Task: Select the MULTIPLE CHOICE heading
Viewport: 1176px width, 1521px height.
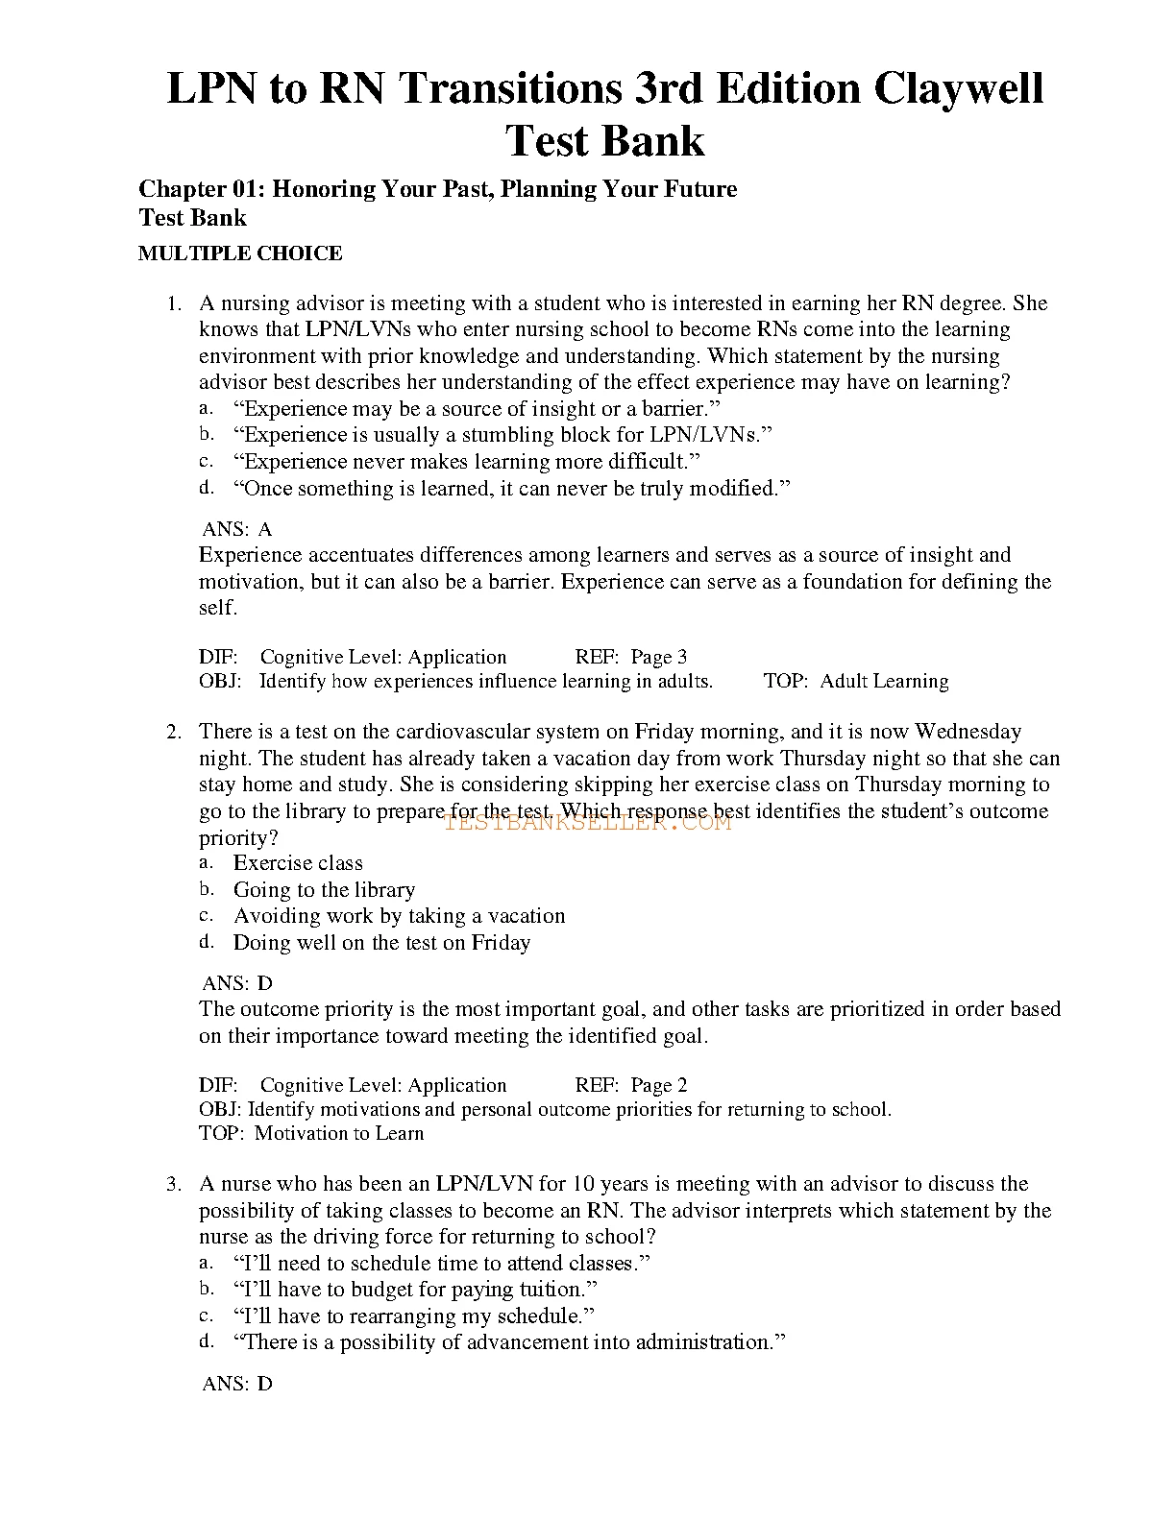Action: pyautogui.click(x=240, y=253)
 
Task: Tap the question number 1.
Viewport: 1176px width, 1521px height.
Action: pyautogui.click(x=174, y=303)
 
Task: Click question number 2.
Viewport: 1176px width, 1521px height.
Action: pyautogui.click(x=174, y=732)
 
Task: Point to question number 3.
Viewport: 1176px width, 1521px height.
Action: pyautogui.click(x=174, y=1185)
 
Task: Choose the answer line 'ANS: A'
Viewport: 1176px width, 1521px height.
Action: pyautogui.click(x=237, y=529)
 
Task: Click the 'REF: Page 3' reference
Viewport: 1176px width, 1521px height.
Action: pyautogui.click(x=631, y=657)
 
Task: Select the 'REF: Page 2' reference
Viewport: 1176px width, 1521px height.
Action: pyautogui.click(x=631, y=1085)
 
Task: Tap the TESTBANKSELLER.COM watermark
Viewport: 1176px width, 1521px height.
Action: pyautogui.click(x=588, y=822)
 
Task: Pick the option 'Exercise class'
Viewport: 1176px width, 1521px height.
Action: pyautogui.click(x=298, y=863)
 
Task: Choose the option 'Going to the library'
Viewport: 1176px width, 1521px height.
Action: pyautogui.click(x=324, y=890)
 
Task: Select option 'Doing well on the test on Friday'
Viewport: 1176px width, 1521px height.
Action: pyautogui.click(x=381, y=943)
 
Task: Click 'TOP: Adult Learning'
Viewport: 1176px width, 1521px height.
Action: pyautogui.click(x=856, y=681)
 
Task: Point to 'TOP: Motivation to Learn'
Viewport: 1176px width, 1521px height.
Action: pyautogui.click(x=311, y=1133)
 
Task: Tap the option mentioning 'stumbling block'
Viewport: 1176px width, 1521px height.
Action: pyautogui.click(x=502, y=435)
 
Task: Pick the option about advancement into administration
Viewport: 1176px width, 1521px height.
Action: pyautogui.click(x=509, y=1342)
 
